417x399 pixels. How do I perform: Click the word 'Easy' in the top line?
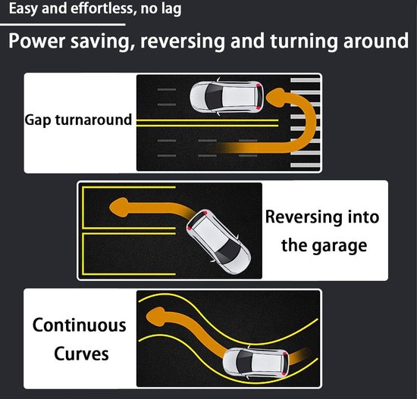(24, 9)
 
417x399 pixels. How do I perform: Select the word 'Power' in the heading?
(36, 42)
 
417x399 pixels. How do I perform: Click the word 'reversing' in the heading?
(183, 42)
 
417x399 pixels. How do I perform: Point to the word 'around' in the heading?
(376, 41)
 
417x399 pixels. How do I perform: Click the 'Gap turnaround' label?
(78, 120)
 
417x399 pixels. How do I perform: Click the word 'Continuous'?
(80, 325)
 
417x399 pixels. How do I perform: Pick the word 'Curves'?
(81, 354)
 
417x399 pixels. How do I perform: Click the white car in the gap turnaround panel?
(227, 97)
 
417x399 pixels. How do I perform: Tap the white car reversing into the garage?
(218, 242)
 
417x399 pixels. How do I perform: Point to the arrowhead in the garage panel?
(119, 207)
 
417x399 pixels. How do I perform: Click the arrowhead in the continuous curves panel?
(155, 316)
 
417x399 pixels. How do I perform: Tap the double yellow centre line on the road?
(207, 123)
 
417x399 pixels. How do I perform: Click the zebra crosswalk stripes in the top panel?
(305, 123)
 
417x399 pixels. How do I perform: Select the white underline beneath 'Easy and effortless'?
(63, 25)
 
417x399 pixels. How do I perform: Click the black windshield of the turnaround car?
(212, 97)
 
